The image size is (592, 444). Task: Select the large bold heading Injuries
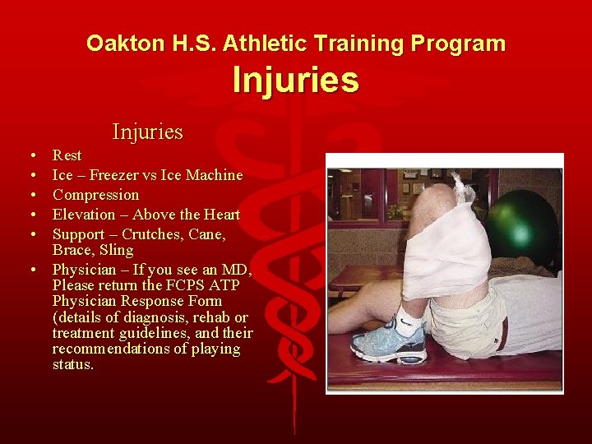pos(295,81)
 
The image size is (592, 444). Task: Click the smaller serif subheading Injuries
pos(147,132)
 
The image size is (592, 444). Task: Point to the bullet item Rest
pos(67,155)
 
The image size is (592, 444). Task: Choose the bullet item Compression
pos(95,195)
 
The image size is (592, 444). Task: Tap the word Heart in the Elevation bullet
pos(220,215)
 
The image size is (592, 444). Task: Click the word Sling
pos(118,250)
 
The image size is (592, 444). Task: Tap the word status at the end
pos(72,364)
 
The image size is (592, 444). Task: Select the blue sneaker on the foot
pos(390,341)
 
